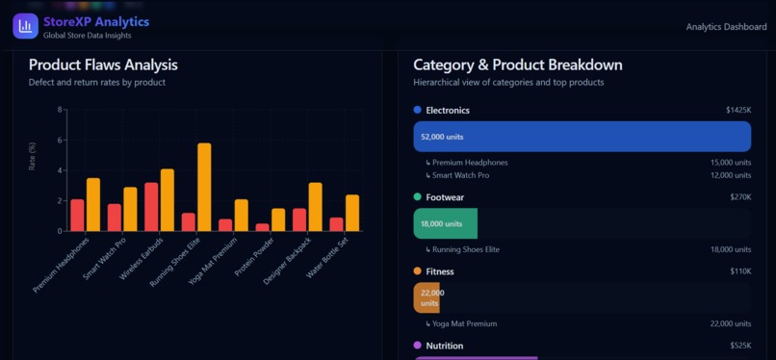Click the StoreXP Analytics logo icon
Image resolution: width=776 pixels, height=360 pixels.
pyautogui.click(x=25, y=26)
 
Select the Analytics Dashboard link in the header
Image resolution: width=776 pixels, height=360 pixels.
pyautogui.click(x=726, y=27)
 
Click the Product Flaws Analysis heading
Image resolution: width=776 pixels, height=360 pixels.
pyautogui.click(x=103, y=65)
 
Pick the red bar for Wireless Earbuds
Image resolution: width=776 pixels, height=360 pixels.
pyautogui.click(x=152, y=207)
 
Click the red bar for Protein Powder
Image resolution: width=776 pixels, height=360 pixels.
pyautogui.click(x=262, y=228)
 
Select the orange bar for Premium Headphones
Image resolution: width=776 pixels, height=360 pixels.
pyautogui.click(x=93, y=205)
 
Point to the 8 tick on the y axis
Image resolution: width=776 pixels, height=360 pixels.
pyautogui.click(x=60, y=110)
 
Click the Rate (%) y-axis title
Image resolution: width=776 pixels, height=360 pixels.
pyautogui.click(x=33, y=157)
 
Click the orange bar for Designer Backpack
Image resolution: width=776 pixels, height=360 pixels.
pyautogui.click(x=315, y=207)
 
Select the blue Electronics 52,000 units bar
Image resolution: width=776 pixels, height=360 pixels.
pyautogui.click(x=582, y=137)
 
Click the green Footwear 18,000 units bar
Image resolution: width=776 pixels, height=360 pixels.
pyautogui.click(x=445, y=223)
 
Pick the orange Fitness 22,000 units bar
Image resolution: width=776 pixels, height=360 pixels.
pyautogui.click(x=427, y=297)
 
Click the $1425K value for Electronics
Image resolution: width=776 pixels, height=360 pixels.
pyautogui.click(x=737, y=111)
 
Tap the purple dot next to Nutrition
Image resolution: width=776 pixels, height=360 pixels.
pyautogui.click(x=418, y=346)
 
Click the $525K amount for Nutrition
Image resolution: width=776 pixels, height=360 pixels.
pyautogui.click(x=739, y=346)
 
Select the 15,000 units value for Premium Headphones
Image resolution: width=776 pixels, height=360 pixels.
pyautogui.click(x=730, y=163)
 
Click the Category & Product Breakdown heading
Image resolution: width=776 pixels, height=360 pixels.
pyautogui.click(x=517, y=65)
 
